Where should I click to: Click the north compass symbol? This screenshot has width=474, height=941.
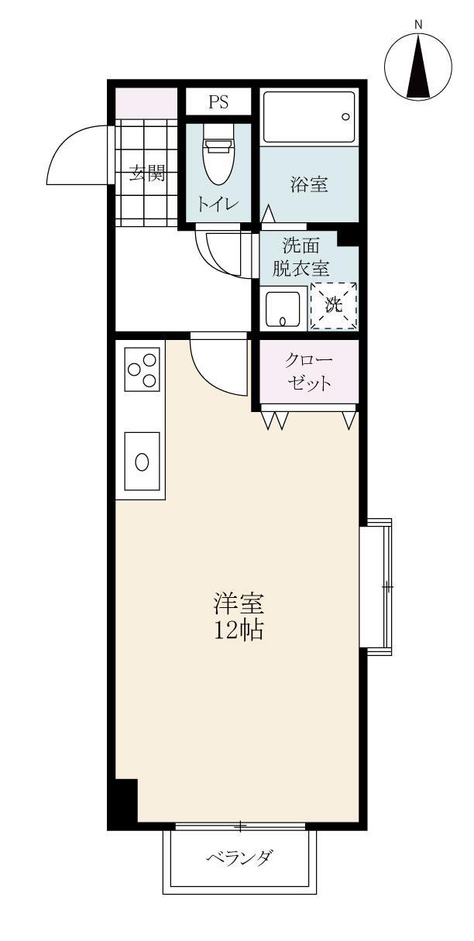tap(418, 67)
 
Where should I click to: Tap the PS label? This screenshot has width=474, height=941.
tap(218, 101)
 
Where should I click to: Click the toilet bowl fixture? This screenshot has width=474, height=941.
tap(218, 159)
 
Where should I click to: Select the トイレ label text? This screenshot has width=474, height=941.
tap(218, 204)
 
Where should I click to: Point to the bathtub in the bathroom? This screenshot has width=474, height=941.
tap(308, 117)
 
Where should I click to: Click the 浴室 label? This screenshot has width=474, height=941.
tap(308, 184)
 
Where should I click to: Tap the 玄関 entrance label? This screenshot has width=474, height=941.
tap(147, 173)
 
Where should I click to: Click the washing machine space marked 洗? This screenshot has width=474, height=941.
tap(333, 305)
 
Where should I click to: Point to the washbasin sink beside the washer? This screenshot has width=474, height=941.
tap(282, 309)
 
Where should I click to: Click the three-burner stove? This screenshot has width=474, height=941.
tap(143, 369)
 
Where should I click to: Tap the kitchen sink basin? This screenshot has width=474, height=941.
tap(143, 460)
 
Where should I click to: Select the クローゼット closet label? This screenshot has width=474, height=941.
tap(308, 372)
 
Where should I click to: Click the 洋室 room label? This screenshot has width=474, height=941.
tap(239, 604)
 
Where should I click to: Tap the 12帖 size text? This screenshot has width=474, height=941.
tap(239, 631)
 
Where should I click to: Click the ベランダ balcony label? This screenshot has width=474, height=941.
tap(239, 857)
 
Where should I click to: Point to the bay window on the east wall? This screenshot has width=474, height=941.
tap(377, 588)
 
